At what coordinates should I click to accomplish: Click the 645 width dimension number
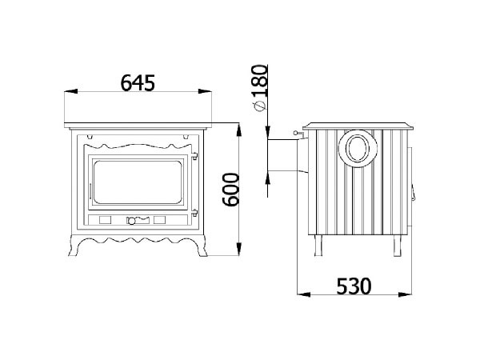click(137, 81)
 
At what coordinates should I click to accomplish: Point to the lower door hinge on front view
click(195, 212)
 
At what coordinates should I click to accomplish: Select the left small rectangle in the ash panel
click(105, 218)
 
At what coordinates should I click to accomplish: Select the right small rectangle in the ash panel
click(158, 218)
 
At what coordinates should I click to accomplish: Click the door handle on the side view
click(414, 192)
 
